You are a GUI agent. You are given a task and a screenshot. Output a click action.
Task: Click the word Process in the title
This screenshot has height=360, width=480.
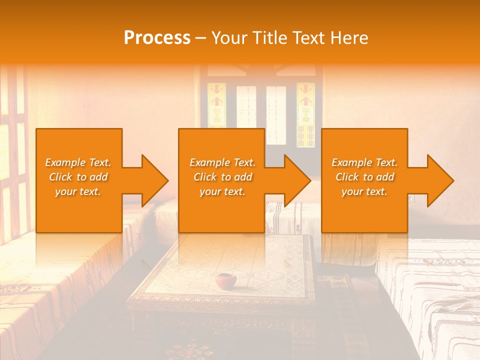point(157,38)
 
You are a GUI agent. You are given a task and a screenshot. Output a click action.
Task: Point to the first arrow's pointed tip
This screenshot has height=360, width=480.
point(168,180)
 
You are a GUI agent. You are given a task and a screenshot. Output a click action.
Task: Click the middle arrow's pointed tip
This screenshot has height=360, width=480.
point(310,180)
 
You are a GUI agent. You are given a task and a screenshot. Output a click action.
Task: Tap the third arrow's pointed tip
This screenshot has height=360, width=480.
point(453,180)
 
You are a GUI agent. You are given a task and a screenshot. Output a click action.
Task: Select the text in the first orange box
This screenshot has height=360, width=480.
point(78,177)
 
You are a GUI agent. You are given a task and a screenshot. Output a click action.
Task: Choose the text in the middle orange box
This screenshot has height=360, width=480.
point(222,177)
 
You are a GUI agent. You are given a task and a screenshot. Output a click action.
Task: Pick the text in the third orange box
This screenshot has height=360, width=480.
point(364,177)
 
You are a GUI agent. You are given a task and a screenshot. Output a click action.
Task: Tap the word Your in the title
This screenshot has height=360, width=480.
point(229,38)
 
